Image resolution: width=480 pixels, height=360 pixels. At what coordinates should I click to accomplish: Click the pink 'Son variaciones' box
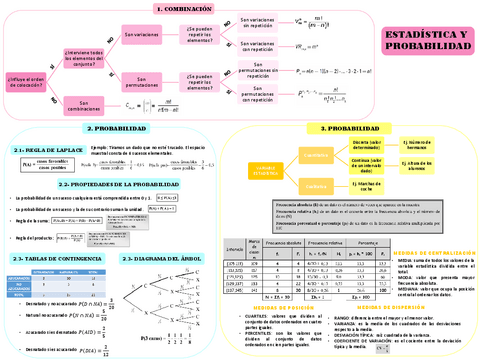coord(142,33)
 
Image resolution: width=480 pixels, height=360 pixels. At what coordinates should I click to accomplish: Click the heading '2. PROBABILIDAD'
coord(117,129)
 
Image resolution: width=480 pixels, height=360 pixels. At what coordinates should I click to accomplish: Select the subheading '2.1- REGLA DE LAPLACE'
coord(39,147)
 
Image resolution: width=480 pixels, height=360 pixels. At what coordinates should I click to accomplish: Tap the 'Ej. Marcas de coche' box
coord(394,185)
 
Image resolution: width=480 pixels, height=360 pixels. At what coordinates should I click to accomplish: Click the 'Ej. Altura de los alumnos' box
coord(394,163)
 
